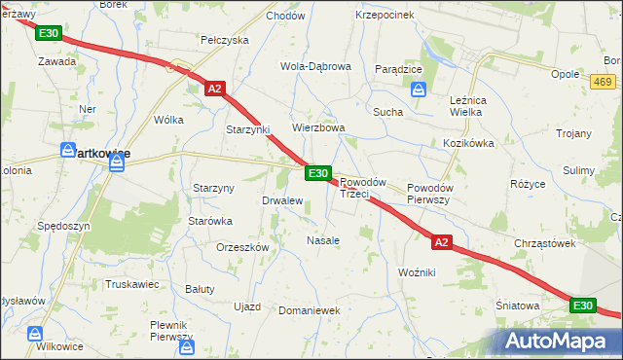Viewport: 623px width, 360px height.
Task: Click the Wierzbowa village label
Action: (x=319, y=127)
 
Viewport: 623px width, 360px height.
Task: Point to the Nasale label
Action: (x=323, y=240)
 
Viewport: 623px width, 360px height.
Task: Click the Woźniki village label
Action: (x=417, y=273)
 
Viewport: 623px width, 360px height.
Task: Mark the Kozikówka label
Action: (x=469, y=143)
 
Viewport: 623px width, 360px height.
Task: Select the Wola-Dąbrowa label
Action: (x=315, y=66)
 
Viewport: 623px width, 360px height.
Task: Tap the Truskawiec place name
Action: (x=131, y=285)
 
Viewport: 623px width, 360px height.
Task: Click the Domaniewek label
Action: (x=308, y=310)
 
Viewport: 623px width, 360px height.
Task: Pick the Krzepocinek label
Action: (x=385, y=16)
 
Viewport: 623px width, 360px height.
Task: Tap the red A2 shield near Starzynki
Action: (x=216, y=89)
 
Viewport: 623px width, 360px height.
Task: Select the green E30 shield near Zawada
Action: (x=49, y=33)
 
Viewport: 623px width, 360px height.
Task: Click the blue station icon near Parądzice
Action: (x=419, y=90)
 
